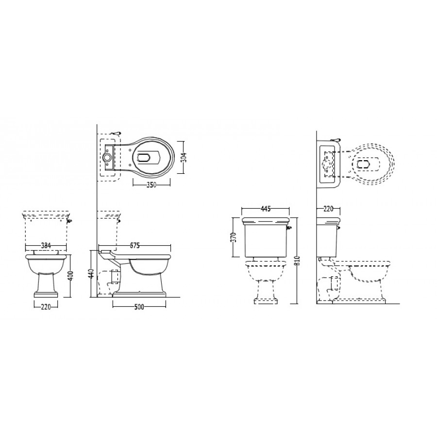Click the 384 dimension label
[46, 246]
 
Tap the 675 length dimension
[134, 246]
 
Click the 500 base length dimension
[139, 307]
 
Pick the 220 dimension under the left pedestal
[46, 307]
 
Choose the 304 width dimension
[184, 158]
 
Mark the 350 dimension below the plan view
[151, 185]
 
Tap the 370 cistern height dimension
[234, 237]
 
